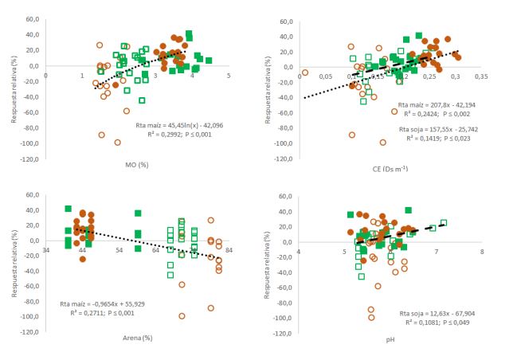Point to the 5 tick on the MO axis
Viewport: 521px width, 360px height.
tap(229, 76)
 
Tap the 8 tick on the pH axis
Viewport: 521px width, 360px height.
tap(482, 252)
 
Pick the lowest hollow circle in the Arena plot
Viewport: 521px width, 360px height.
tap(182, 316)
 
